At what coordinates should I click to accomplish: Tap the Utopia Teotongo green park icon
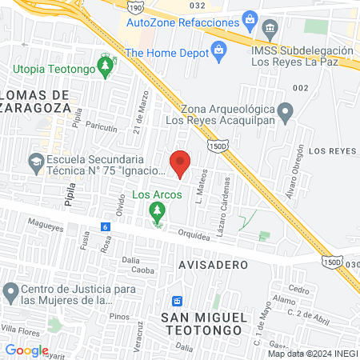pyautogui.click(x=104, y=63)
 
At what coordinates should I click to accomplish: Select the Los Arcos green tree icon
pyautogui.click(x=157, y=210)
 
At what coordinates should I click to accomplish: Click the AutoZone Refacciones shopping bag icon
pyautogui.click(x=250, y=18)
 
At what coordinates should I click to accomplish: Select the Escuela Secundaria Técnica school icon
pyautogui.click(x=36, y=162)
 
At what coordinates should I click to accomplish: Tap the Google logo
pyautogui.click(x=26, y=350)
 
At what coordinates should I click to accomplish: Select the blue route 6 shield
pyautogui.click(x=105, y=227)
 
